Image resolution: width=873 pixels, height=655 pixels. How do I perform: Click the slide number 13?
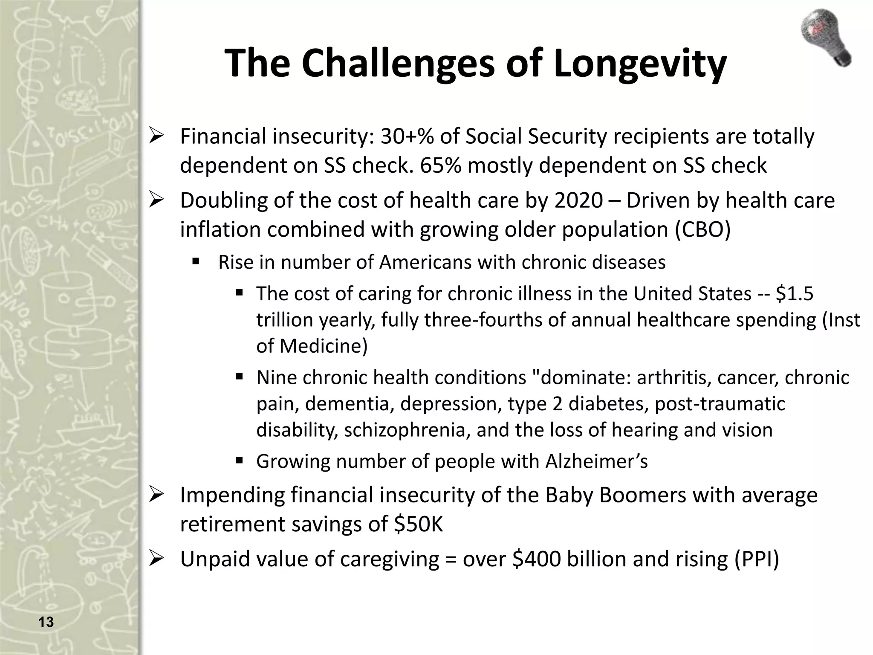click(46, 622)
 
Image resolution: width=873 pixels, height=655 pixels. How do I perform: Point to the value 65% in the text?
click(440, 166)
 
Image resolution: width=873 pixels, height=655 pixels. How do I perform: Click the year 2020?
click(578, 201)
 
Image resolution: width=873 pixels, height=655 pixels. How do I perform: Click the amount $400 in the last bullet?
click(536, 559)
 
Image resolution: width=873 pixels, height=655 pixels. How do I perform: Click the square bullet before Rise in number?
click(196, 261)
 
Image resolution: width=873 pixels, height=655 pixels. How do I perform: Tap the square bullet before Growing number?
click(239, 461)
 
